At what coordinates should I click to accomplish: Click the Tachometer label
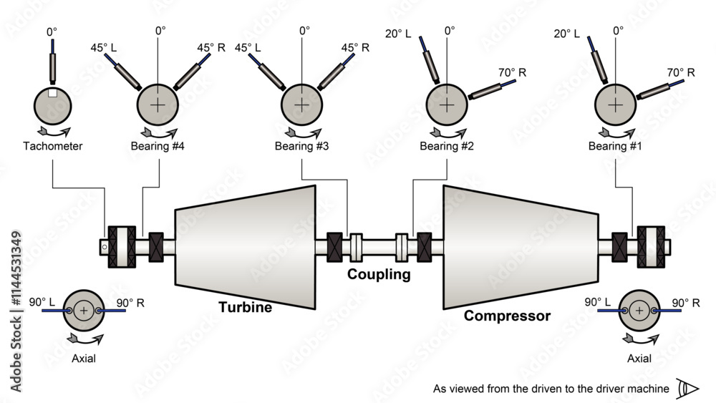(52, 146)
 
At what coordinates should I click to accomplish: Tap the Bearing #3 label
(301, 146)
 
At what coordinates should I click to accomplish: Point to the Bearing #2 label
(447, 146)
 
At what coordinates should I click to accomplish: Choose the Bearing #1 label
(615, 146)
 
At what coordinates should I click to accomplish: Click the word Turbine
(245, 308)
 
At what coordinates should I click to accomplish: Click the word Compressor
(507, 316)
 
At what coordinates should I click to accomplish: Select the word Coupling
(379, 274)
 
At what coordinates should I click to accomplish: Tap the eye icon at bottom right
(690, 389)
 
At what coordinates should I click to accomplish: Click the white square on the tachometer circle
(52, 93)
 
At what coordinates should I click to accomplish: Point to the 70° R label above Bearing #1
(680, 72)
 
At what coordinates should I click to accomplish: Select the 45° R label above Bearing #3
(355, 48)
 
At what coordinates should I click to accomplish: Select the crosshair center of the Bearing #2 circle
(447, 105)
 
